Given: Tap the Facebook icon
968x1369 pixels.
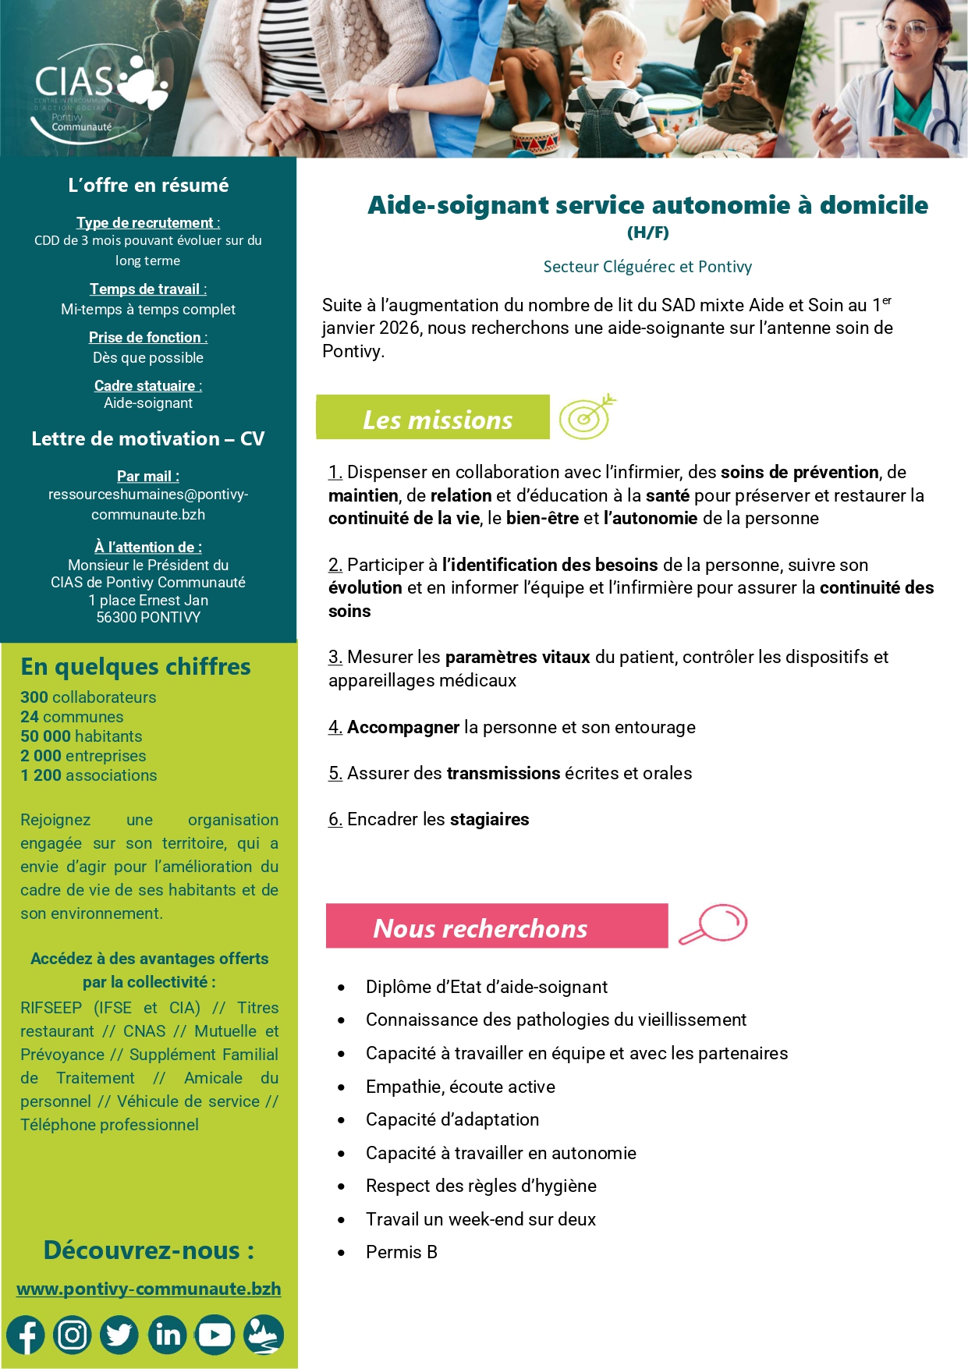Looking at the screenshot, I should point(26,1335).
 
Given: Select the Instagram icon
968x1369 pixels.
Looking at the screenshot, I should point(73,1335).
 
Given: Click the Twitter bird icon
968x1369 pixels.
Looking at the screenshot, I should point(119,1335).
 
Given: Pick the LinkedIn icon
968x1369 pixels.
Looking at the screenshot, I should point(168,1335).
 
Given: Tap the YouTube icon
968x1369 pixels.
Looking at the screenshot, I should point(215,1335).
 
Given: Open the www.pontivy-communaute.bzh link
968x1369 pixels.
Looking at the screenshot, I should point(148,1289).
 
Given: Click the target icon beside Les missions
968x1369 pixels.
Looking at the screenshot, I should point(587,417).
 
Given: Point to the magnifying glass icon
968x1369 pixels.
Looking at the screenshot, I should point(714,924).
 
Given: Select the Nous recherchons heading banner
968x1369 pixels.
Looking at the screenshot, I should point(496,927).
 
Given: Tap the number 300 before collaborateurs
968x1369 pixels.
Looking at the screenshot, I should point(34,697).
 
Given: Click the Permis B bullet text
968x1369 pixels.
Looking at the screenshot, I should point(401,1252).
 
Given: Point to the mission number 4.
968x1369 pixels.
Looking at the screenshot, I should point(335,727).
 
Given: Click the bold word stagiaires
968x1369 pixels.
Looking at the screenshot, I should point(489,819).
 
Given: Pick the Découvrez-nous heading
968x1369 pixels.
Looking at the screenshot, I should point(148,1250).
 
